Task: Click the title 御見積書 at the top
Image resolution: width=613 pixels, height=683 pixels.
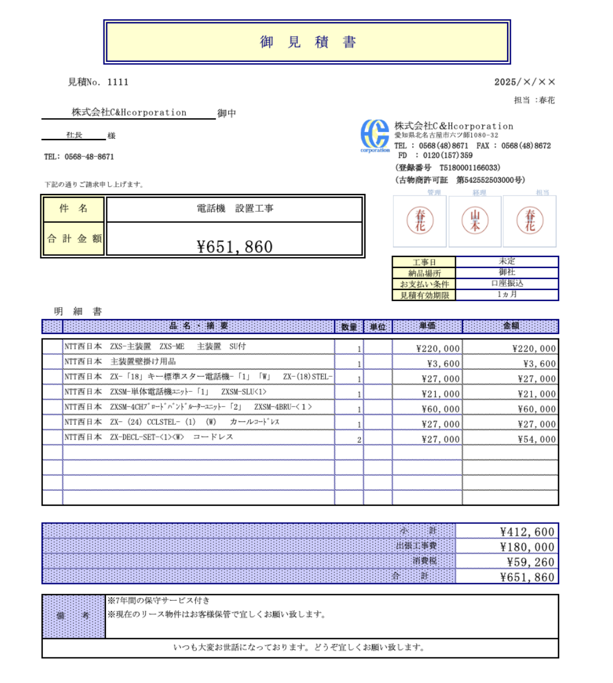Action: point(307,42)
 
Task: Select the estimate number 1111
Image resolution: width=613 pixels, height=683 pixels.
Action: point(118,82)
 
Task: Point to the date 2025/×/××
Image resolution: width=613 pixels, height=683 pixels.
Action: point(525,82)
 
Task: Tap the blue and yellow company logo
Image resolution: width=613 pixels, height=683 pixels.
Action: point(375,135)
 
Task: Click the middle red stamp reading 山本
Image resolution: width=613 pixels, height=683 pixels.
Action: point(475,221)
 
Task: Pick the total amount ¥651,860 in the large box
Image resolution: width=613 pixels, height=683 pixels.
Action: point(235,247)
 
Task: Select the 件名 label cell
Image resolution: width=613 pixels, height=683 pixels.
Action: point(73,208)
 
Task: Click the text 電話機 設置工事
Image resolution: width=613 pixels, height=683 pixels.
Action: point(235,208)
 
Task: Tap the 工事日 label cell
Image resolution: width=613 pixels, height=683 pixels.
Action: point(424,262)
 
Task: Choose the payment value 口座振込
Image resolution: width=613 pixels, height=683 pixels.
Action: point(507,283)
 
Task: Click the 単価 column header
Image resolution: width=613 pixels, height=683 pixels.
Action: point(427,326)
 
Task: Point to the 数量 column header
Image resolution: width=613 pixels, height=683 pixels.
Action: point(349,326)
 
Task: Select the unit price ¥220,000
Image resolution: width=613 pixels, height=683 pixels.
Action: point(438,348)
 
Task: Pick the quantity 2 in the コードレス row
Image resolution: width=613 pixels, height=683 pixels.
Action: point(359,440)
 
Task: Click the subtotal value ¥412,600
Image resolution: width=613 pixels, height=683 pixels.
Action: point(527,532)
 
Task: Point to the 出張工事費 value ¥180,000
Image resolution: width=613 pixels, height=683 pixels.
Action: point(527,547)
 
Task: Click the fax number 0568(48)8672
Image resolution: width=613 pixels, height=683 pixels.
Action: point(526,146)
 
